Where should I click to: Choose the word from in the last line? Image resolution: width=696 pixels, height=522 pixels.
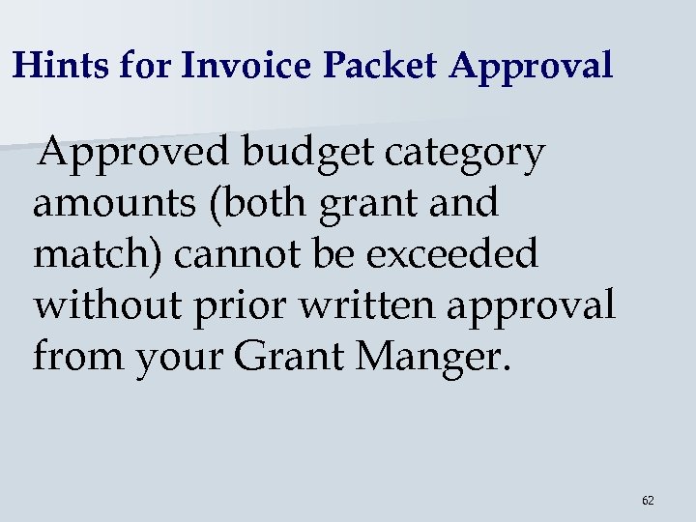pyautogui.click(x=78, y=356)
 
